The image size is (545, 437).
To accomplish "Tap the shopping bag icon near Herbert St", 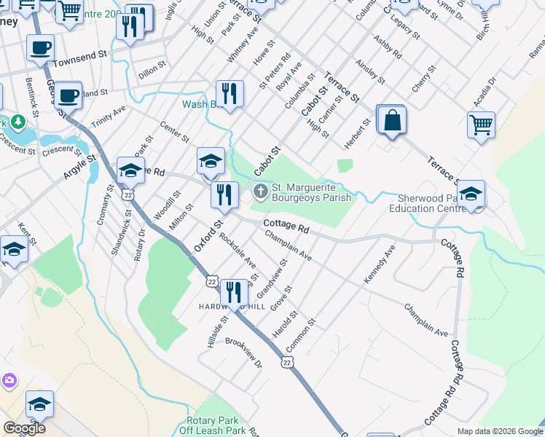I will point(392,120).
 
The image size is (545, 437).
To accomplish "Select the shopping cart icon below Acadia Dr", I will point(481,125).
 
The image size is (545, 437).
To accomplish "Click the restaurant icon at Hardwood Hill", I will point(234,292).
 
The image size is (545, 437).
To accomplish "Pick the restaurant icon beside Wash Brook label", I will point(230,94).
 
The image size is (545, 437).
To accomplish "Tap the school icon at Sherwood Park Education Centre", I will point(471,194).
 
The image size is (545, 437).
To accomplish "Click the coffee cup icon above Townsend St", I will point(41,48).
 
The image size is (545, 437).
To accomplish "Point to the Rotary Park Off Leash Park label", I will point(216,426).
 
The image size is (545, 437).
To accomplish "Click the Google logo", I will point(24,428).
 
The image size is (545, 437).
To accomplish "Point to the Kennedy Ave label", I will point(380,264).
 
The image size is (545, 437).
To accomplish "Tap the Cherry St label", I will point(423,78).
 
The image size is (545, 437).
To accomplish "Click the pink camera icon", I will point(9,380).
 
